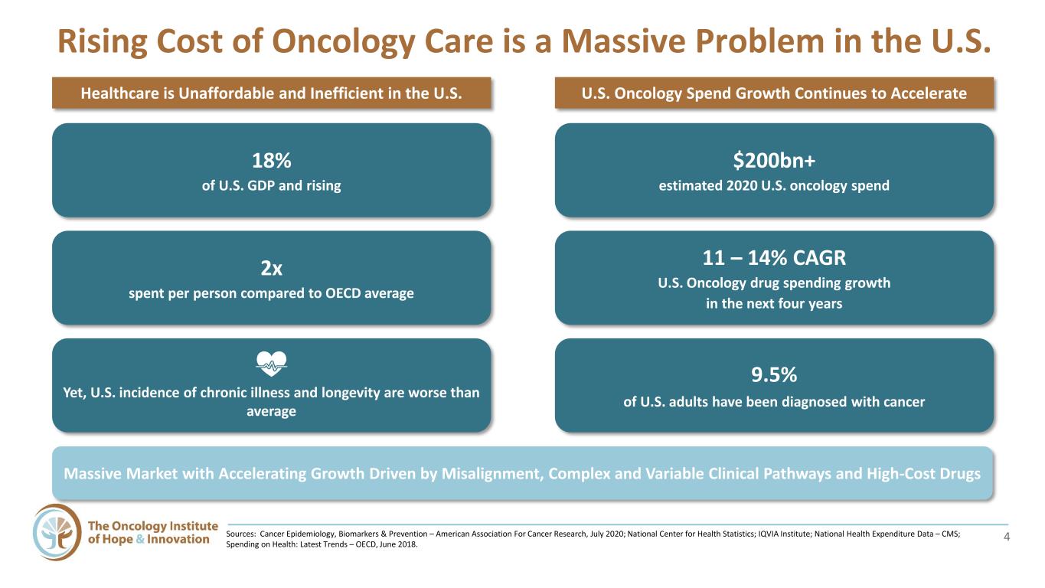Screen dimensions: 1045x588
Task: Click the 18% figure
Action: click(x=272, y=161)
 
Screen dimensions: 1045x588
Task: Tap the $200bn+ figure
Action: click(x=774, y=161)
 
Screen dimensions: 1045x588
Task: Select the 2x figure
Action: click(x=272, y=268)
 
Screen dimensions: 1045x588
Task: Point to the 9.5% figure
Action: click(x=774, y=374)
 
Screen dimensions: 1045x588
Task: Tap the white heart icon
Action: click(x=272, y=364)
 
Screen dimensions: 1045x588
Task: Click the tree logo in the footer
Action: click(x=57, y=532)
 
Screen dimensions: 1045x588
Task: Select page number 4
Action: click(x=1006, y=537)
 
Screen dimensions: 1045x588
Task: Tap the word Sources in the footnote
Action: click(x=240, y=534)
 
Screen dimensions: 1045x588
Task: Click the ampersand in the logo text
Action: click(x=140, y=540)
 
